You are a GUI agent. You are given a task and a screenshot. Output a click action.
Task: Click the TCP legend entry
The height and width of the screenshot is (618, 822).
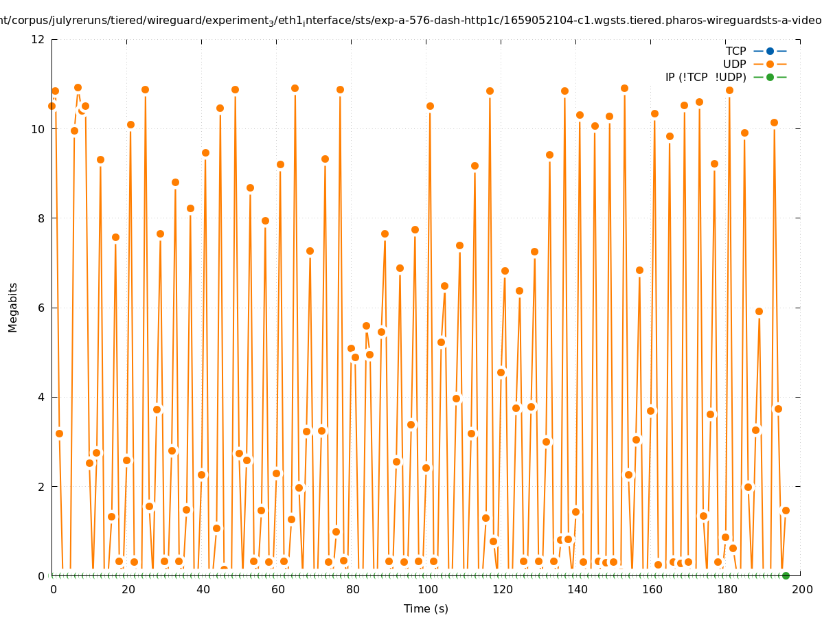[735, 51]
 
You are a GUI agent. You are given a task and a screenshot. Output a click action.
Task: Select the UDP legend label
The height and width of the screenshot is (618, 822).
[734, 64]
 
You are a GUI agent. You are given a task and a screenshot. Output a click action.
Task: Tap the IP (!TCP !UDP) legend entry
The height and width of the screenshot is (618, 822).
[705, 77]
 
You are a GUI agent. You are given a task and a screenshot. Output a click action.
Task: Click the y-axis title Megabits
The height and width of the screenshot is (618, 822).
[13, 307]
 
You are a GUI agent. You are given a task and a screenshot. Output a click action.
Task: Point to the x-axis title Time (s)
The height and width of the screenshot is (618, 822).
[426, 608]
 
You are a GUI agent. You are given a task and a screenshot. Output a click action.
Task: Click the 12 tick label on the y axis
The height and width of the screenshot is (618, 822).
[38, 39]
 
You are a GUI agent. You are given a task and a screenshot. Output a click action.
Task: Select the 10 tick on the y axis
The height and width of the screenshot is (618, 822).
[38, 129]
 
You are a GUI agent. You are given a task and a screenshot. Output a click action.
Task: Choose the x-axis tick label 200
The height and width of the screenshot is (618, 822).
[801, 589]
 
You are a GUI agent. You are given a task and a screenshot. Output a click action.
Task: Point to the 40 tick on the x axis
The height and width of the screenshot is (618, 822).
[203, 589]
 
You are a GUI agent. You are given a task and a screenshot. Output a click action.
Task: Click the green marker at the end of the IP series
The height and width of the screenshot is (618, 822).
[786, 575]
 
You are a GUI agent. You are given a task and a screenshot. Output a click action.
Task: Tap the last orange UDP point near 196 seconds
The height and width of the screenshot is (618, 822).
[786, 510]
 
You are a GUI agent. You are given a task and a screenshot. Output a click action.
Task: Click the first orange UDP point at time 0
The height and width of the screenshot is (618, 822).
[52, 106]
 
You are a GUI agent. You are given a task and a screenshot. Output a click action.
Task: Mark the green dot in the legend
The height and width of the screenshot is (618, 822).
[770, 77]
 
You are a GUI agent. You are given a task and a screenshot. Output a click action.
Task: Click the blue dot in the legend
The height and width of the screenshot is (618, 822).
[770, 51]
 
